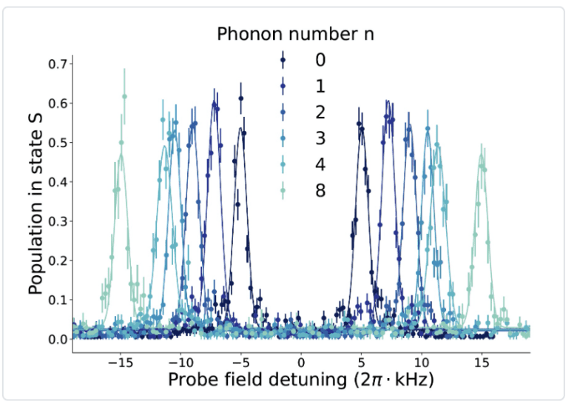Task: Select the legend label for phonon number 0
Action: tap(320, 59)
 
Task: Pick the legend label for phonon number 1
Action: tap(320, 86)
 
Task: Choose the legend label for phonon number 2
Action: tap(320, 112)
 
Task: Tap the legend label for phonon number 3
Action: tap(320, 138)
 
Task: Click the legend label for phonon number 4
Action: tap(320, 164)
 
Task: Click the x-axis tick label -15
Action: tap(118, 363)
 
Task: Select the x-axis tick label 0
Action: tap(301, 363)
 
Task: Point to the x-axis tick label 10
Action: tap(422, 363)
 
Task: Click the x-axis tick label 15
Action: tap(482, 363)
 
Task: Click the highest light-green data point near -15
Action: tap(124, 96)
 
